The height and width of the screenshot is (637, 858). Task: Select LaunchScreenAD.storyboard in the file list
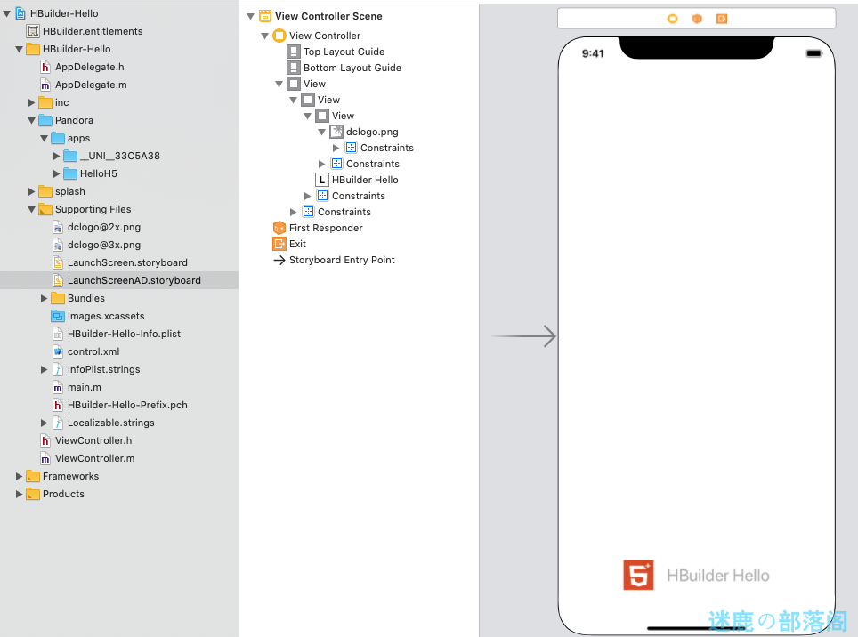click(x=134, y=280)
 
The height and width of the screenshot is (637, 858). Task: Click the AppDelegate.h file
click(x=89, y=67)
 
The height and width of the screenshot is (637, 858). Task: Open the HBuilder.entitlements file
click(x=93, y=31)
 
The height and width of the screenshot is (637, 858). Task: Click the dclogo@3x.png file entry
click(x=103, y=245)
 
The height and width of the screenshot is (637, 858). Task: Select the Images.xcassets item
click(x=105, y=316)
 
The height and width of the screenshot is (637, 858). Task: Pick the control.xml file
click(x=93, y=351)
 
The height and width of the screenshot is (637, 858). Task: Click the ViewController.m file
click(x=94, y=458)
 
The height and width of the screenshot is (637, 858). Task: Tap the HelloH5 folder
click(x=98, y=173)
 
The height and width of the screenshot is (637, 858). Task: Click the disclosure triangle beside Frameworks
click(x=20, y=476)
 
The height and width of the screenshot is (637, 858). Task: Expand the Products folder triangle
click(x=20, y=494)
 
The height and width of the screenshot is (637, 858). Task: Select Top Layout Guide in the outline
click(x=344, y=52)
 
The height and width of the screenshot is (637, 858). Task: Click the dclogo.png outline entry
click(x=371, y=132)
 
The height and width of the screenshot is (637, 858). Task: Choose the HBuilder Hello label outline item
click(x=364, y=180)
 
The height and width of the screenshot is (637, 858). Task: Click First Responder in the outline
click(x=326, y=228)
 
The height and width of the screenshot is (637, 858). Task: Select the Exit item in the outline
click(x=297, y=244)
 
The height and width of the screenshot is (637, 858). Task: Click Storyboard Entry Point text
click(x=342, y=260)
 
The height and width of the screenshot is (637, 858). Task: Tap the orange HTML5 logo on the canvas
click(x=638, y=576)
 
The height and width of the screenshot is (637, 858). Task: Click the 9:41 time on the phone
click(x=593, y=53)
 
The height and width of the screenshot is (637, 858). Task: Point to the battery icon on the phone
click(x=813, y=53)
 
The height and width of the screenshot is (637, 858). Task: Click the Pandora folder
click(x=73, y=120)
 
